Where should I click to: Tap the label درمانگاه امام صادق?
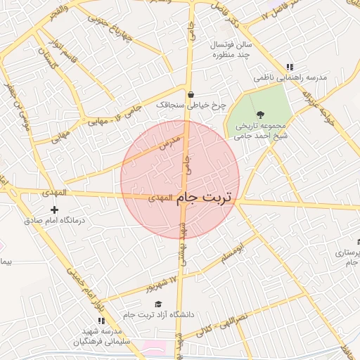[x=54, y=220]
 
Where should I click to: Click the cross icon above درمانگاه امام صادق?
[x=55, y=209]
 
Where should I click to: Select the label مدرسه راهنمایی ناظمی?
[x=290, y=79]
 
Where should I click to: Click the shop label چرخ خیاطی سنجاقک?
[x=192, y=105]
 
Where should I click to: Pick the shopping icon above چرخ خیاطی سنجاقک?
[x=191, y=94]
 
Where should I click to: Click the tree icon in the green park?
[x=260, y=113]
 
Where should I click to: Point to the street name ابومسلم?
[x=235, y=254]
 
